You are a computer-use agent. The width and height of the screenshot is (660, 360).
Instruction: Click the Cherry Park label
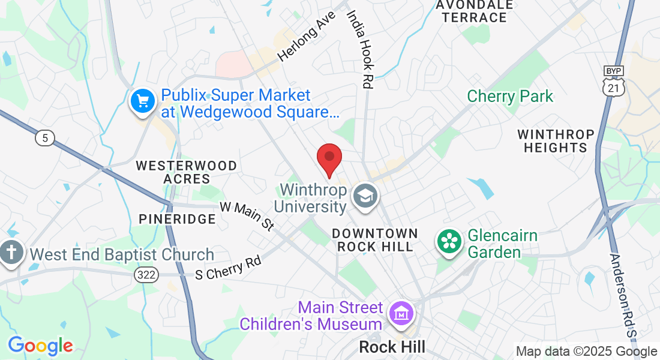point(510,96)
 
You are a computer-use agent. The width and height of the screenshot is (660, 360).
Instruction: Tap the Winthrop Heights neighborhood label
point(556,140)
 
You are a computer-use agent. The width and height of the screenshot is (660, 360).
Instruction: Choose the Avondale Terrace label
point(475,11)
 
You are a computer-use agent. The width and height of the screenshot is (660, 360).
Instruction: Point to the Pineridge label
point(177,219)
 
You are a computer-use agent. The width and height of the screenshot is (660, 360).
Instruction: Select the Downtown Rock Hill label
point(374,239)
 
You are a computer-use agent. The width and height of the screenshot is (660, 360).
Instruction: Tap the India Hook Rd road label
point(360,49)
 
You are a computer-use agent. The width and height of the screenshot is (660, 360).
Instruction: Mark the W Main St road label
point(247,215)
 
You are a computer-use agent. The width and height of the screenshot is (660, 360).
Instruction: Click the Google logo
point(40,346)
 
